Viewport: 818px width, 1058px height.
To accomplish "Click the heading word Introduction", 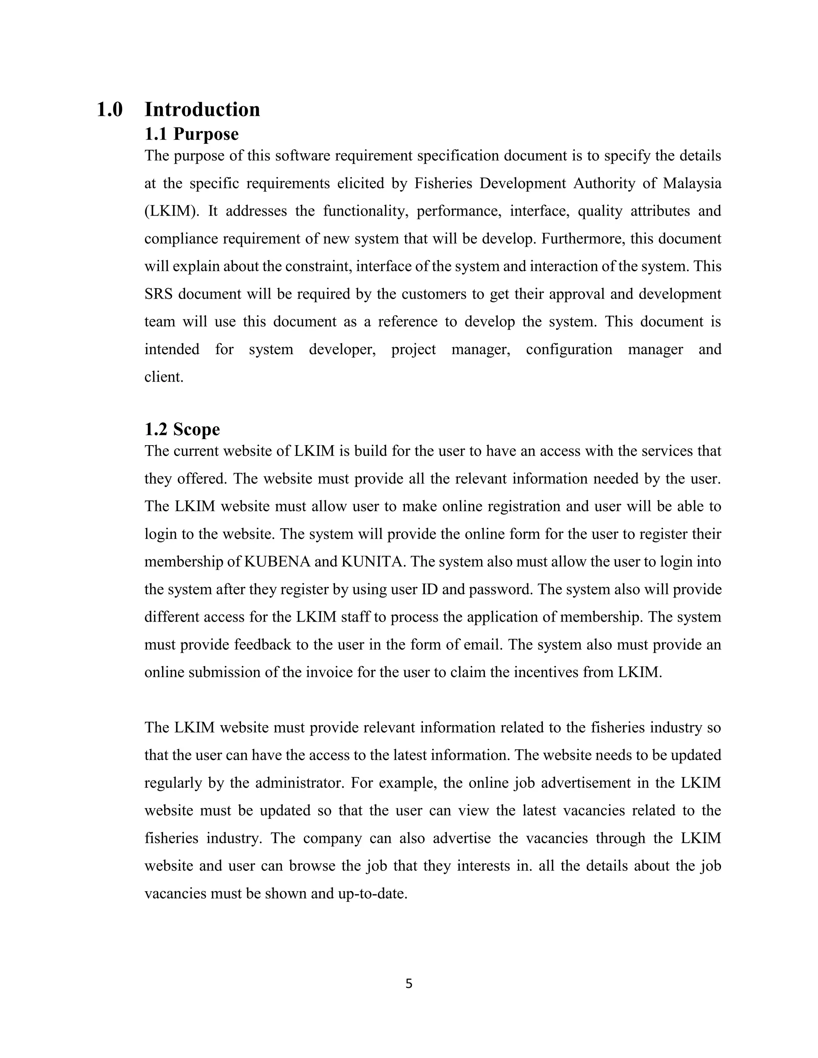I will pos(202,109).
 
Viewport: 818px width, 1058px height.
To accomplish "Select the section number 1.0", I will pos(109,109).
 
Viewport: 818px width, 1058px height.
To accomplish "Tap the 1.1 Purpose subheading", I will pos(191,134).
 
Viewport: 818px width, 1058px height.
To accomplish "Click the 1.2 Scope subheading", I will pos(182,429).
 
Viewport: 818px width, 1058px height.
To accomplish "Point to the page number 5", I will pos(409,984).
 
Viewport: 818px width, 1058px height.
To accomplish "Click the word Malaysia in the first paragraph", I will pos(692,184).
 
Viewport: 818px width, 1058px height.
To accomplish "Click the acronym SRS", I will pos(158,294).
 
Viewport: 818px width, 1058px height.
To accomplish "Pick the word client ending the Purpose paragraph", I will pos(164,377).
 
